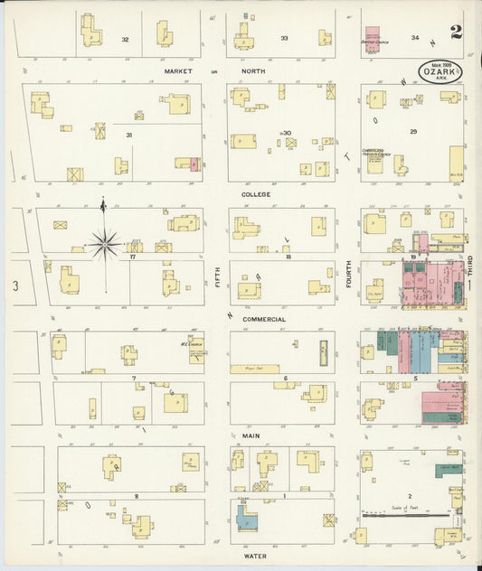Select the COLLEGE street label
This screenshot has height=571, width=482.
256,194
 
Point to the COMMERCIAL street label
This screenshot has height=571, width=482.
264,319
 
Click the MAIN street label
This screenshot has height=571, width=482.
251,435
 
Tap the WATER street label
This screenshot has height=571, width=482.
255,557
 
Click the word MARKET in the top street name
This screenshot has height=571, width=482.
180,70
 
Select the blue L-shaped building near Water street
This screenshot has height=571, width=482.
245,518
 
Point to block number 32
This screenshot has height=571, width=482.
125,39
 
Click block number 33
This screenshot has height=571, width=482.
284,38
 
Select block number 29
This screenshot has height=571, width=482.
412,132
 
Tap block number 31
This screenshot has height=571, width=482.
129,136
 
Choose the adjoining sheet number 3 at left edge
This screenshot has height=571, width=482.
15,286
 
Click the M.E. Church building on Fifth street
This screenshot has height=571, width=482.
196,350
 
